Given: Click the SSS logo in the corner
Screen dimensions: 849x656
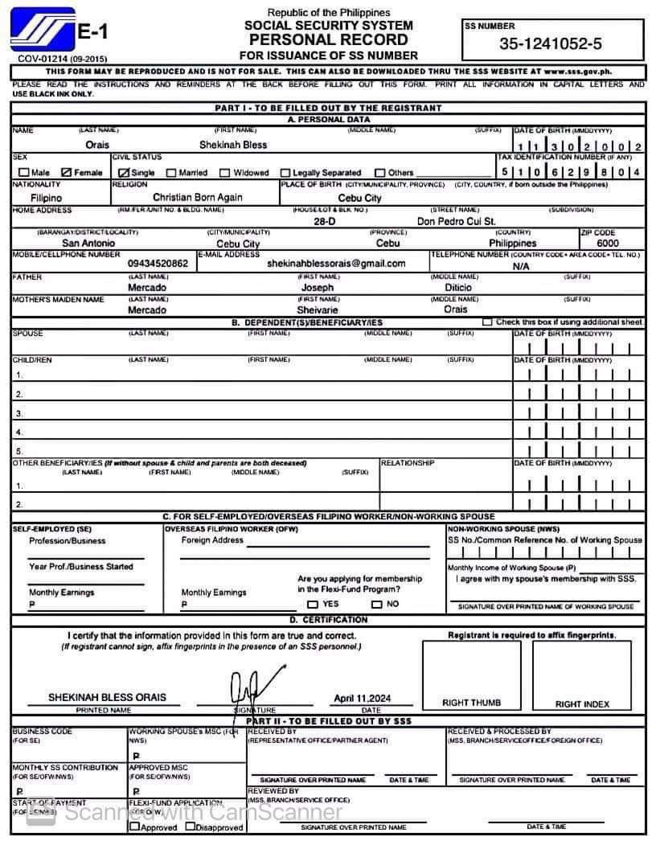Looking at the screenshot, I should click(42, 32).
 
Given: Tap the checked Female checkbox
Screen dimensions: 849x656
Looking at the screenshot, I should click(67, 172).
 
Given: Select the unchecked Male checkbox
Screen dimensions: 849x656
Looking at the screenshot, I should click(23, 172).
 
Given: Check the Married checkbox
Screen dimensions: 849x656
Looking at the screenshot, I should click(171, 172).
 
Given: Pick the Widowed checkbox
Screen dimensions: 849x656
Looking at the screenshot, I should click(225, 172).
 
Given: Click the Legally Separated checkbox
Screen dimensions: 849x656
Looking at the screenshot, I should click(285, 172).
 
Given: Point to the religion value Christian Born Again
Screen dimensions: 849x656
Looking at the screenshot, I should click(197, 197).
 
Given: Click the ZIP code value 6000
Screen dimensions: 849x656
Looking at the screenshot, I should click(608, 243).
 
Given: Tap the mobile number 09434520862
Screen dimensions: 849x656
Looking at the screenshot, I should click(158, 263).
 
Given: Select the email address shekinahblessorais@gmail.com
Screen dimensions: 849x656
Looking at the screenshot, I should click(336, 263).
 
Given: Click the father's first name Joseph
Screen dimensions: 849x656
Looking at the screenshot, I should click(317, 287).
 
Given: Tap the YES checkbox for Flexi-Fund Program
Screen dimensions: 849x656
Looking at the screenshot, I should click(313, 604).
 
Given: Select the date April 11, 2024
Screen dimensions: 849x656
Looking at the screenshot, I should click(362, 699).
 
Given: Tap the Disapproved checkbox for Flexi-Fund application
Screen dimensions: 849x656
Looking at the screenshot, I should click(191, 826).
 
